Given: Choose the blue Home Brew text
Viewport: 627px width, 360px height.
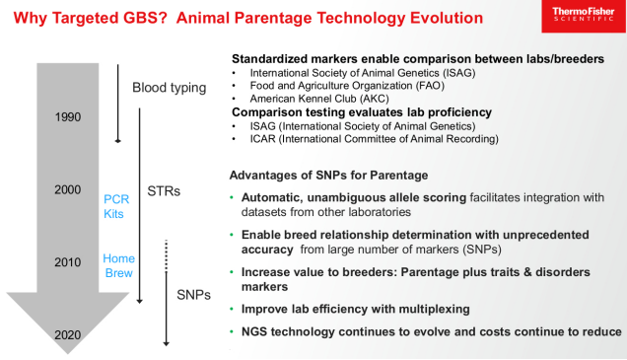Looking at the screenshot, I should tap(118, 265).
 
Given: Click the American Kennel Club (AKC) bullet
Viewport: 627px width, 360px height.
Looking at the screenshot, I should tap(318, 99).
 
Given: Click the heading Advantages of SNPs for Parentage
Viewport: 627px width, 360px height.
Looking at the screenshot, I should tap(330, 175).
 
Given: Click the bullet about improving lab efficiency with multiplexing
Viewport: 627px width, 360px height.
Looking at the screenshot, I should tap(360, 309).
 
